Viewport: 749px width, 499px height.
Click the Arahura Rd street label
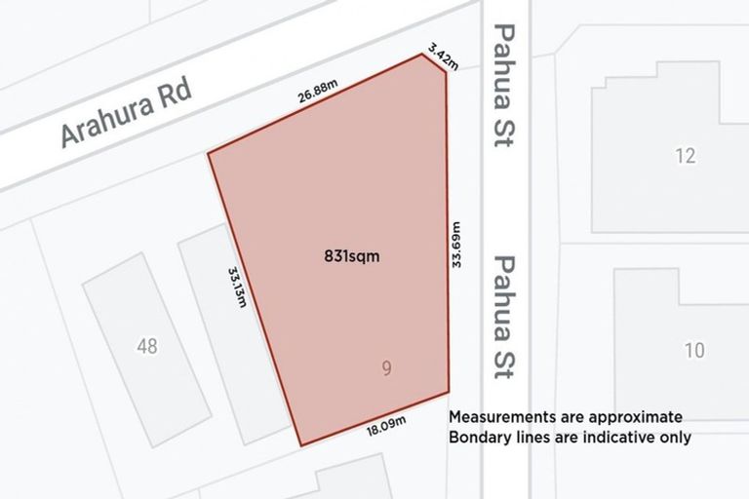coord(127,114)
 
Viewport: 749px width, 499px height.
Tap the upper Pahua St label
coord(504,86)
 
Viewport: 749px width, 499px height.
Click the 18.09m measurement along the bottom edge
coord(386,424)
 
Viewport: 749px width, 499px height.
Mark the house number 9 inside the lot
coord(387,368)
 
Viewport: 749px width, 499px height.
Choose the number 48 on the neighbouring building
coord(147,345)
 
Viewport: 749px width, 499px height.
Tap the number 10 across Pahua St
coord(693,351)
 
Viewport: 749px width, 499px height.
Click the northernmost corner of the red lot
coord(423,54)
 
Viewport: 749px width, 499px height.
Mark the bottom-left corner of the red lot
coord(300,445)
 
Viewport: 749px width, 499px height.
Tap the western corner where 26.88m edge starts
coord(209,153)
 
